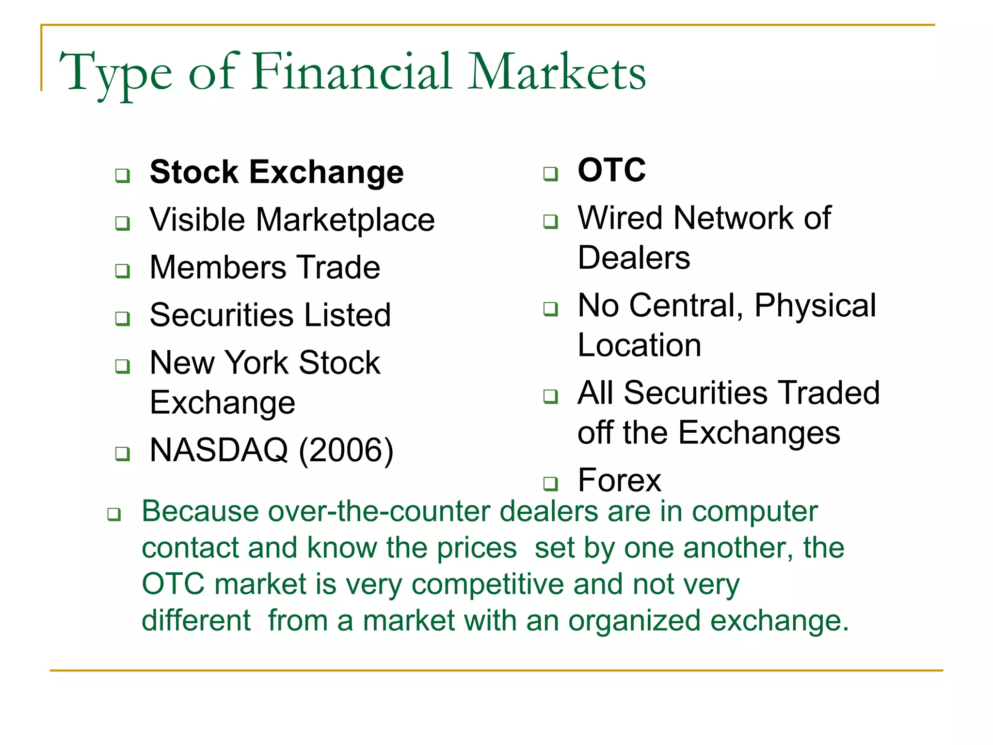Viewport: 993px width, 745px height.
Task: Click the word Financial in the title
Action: pyautogui.click(x=352, y=73)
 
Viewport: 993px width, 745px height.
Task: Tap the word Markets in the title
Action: pyautogui.click(x=556, y=73)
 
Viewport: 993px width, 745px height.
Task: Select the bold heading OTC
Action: pyautogui.click(x=611, y=170)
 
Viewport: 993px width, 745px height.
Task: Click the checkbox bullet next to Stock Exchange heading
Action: pyautogui.click(x=123, y=175)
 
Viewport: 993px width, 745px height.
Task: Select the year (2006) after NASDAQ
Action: pyautogui.click(x=346, y=451)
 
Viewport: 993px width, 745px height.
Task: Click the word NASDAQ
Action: pyautogui.click(x=219, y=450)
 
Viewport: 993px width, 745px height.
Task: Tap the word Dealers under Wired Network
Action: pyautogui.click(x=634, y=258)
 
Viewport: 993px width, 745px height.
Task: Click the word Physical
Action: pyautogui.click(x=815, y=306)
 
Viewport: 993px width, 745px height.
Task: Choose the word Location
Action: pyautogui.click(x=639, y=345)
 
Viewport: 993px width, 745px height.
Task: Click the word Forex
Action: pyautogui.click(x=619, y=481)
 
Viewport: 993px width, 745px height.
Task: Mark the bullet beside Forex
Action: pyautogui.click(x=550, y=484)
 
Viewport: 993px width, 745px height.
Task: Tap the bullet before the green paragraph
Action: pyautogui.click(x=114, y=514)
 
